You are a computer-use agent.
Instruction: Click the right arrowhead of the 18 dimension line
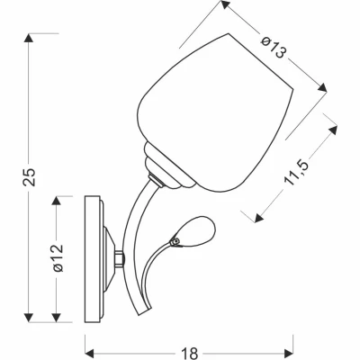click(292, 344)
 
